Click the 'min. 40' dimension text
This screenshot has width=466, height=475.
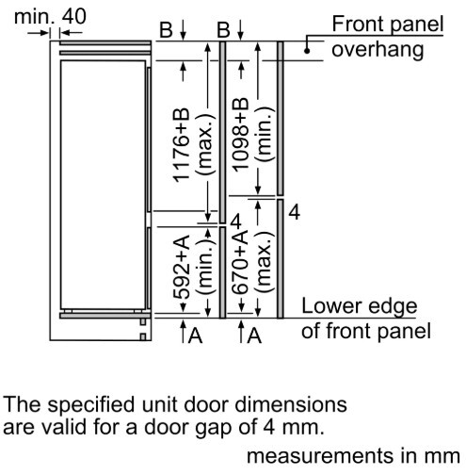[x=50, y=16]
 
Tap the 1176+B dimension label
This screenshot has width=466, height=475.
[x=182, y=145]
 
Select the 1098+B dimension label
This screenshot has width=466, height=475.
[x=241, y=135]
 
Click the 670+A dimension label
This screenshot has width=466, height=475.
[x=241, y=263]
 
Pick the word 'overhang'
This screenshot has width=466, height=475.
[x=378, y=50]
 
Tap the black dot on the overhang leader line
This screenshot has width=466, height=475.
[x=307, y=51]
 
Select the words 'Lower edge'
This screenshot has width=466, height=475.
[x=360, y=306]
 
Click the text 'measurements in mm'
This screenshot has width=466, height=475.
[x=353, y=456]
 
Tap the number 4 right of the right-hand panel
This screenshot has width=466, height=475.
[x=294, y=212]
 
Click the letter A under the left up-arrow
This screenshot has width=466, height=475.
[x=195, y=336]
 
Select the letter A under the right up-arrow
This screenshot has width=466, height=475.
[x=254, y=336]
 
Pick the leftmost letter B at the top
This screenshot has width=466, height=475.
[x=167, y=30]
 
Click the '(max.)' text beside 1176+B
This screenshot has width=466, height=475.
[x=205, y=144]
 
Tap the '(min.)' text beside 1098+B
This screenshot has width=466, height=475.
[x=265, y=135]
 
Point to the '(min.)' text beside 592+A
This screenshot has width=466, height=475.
[x=205, y=267]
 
